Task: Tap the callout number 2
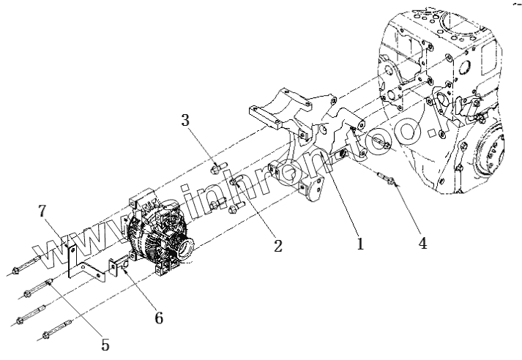pyautogui.click(x=277, y=245)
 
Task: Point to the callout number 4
pyautogui.click(x=422, y=241)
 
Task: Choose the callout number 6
pyautogui.click(x=158, y=318)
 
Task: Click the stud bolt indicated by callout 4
pyautogui.click(x=389, y=179)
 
